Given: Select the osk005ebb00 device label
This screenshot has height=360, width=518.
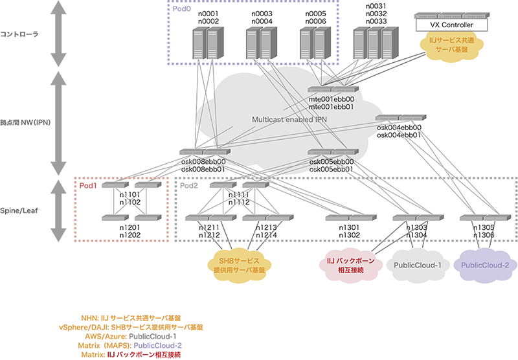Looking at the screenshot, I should (332, 162).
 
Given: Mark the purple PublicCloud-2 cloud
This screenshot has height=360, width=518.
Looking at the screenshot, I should (485, 265).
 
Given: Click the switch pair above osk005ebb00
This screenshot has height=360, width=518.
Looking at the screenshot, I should (332, 153).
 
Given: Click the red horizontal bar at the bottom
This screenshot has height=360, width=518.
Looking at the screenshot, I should (181, 355).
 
